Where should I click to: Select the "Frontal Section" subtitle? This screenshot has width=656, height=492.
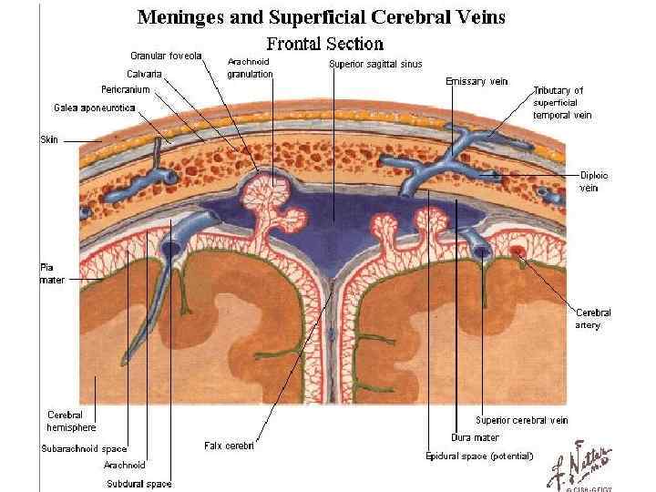(x=324, y=43)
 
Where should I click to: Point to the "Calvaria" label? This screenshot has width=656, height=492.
(x=146, y=73)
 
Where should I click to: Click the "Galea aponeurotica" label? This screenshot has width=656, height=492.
(x=94, y=108)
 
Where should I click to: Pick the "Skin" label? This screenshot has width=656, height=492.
(x=48, y=140)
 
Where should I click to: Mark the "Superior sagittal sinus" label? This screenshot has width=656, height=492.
(x=374, y=64)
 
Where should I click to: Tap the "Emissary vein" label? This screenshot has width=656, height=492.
(x=477, y=81)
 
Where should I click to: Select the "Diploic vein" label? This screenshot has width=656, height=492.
(x=594, y=180)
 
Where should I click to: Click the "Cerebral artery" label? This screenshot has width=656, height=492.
(x=593, y=318)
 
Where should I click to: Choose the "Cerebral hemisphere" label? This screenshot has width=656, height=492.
(x=71, y=421)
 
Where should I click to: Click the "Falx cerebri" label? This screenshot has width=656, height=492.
(x=229, y=446)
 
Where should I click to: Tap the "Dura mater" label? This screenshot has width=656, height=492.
(x=475, y=437)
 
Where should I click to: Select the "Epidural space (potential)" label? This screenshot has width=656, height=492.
(x=479, y=456)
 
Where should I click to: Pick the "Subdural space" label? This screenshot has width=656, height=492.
(x=139, y=484)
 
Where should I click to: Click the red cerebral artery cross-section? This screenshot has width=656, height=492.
(x=517, y=251)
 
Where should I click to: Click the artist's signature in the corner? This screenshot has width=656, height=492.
(x=584, y=465)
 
